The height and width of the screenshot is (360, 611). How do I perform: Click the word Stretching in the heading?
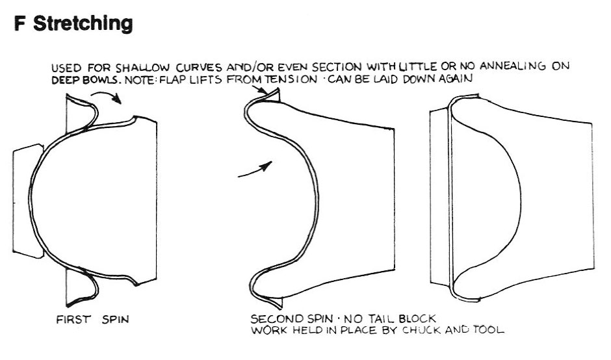pyautogui.click(x=83, y=24)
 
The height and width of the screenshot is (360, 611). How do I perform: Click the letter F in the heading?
pyautogui.click(x=20, y=23)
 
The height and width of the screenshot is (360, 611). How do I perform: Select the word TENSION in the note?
pyautogui.click(x=291, y=79)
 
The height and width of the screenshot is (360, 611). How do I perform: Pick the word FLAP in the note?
pyautogui.click(x=174, y=81)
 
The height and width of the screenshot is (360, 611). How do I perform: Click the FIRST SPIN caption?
pyautogui.click(x=92, y=320)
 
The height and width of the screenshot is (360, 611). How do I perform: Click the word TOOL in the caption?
pyautogui.click(x=489, y=329)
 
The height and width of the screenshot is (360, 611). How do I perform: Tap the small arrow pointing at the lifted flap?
pyautogui.click(x=260, y=90)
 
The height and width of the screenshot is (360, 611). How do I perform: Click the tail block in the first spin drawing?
pyautogui.click(x=28, y=201)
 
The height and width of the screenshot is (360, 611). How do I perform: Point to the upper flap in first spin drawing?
pyautogui.click(x=82, y=110)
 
